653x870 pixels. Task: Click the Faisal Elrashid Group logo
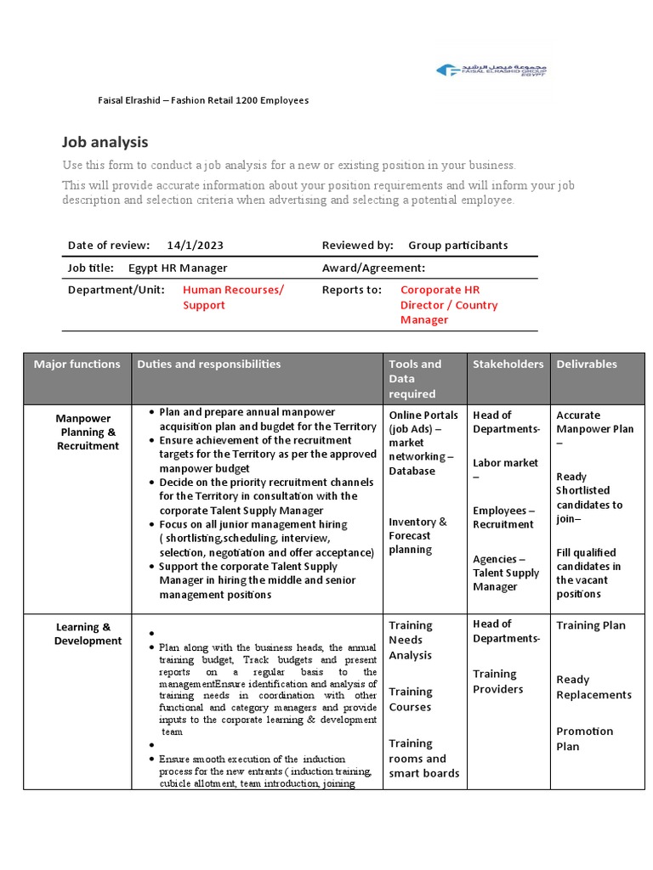click(491, 71)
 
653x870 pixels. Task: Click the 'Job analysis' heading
click(105, 142)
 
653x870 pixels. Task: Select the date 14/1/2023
click(196, 246)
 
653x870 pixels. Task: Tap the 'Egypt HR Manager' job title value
click(178, 268)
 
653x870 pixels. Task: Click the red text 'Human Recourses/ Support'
click(233, 297)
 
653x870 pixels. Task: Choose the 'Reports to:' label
click(352, 290)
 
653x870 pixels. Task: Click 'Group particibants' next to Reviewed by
click(457, 246)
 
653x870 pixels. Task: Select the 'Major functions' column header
click(77, 364)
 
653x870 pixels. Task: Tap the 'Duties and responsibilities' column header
click(208, 364)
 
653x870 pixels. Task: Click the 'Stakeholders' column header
click(508, 364)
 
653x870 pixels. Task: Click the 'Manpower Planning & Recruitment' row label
click(88, 432)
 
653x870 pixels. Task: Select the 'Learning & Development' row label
click(88, 634)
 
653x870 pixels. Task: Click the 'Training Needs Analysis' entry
click(411, 640)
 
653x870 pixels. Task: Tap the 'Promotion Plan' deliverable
click(584, 738)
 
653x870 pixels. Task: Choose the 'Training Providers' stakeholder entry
click(498, 681)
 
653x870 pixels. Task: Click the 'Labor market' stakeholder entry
click(505, 463)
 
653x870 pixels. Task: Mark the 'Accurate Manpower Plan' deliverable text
click(594, 422)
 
